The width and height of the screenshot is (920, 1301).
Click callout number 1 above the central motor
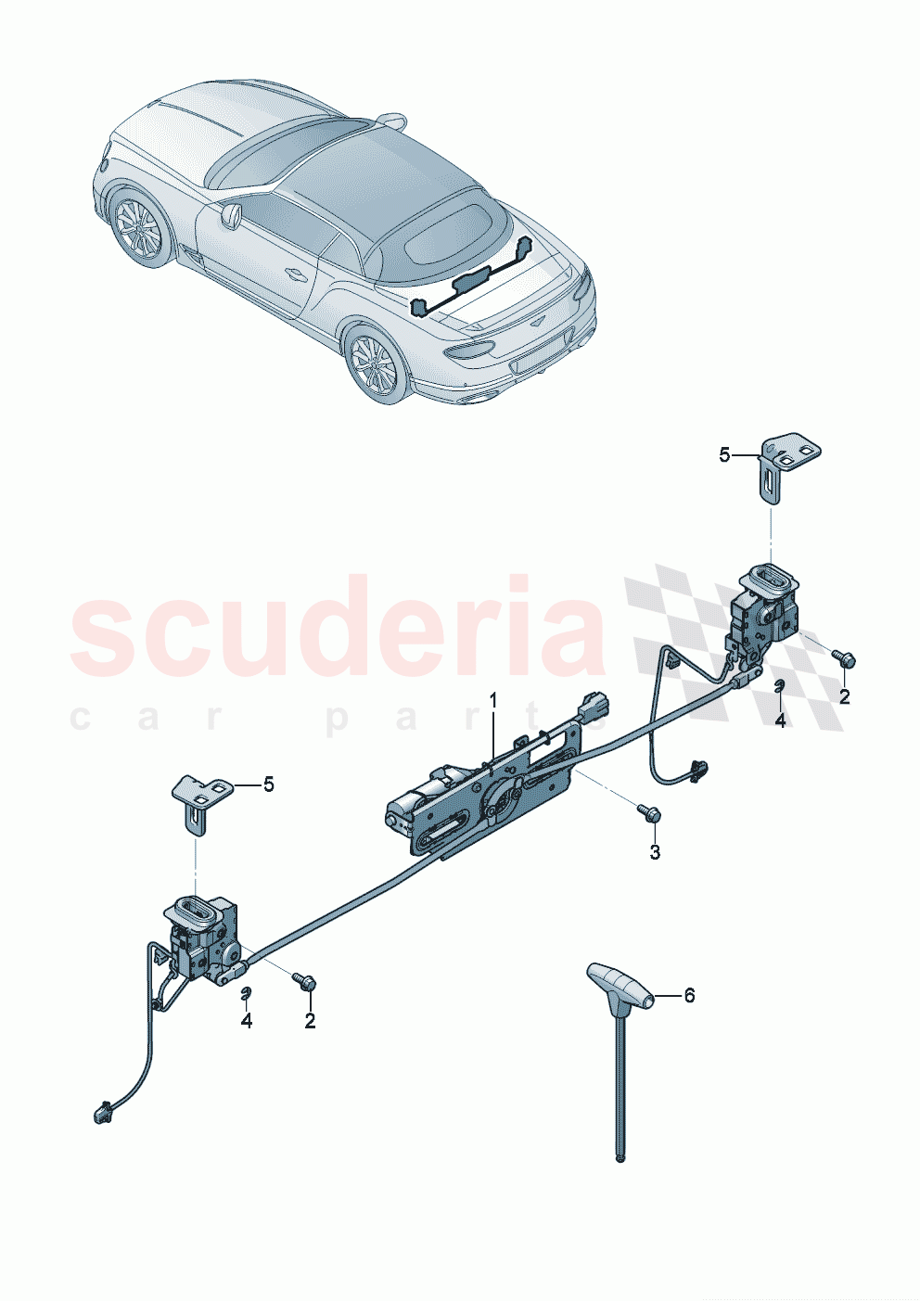coord(493,700)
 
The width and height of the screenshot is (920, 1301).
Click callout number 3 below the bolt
coord(655,852)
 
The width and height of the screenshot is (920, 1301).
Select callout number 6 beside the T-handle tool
coord(689,995)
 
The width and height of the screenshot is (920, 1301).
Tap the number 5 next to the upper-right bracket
coord(724,454)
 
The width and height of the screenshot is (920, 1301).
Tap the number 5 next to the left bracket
coord(269,784)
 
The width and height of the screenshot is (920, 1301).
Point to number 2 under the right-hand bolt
coord(844,696)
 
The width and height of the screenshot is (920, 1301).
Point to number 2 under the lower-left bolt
coord(310,1021)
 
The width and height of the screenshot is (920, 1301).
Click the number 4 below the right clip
coord(780,720)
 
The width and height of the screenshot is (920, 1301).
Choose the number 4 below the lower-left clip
coord(246,1021)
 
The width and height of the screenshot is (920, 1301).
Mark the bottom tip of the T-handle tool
coord(620,1156)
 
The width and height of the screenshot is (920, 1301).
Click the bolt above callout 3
coord(648,814)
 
